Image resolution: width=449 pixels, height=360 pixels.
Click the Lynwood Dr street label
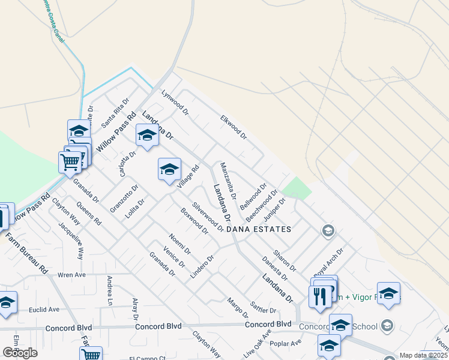pyautogui.click(x=175, y=103)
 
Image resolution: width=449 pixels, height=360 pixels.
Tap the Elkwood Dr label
pyautogui.click(x=234, y=127)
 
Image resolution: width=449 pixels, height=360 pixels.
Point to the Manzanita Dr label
pyautogui.click(x=229, y=181)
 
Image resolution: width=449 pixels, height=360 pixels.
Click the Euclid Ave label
pyautogui.click(x=44, y=310)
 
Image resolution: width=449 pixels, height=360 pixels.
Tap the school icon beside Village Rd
pyautogui.click(x=169, y=169)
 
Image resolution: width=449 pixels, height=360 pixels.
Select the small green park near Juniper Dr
pyautogui.click(x=297, y=188)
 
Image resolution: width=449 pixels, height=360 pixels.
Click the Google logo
pyautogui.click(x=20, y=353)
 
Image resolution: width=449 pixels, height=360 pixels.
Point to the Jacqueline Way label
pyautogui.click(x=71, y=241)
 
